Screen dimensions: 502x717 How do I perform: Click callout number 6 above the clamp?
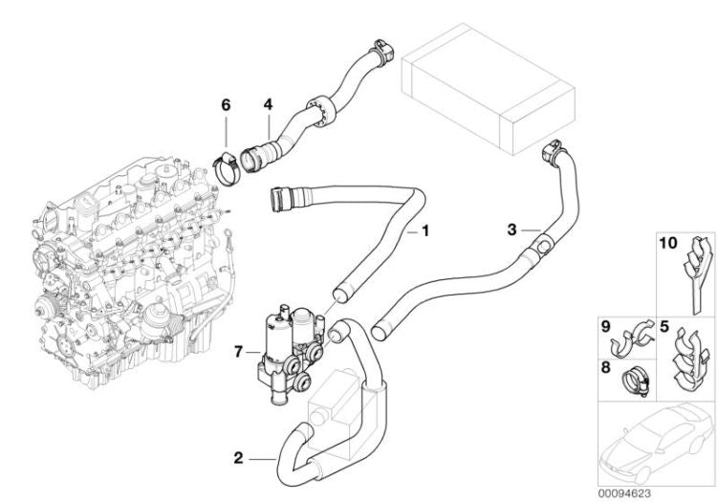coord(226,104)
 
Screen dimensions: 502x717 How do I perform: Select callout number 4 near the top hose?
coord(269,104)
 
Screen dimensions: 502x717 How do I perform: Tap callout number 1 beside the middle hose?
coord(425,230)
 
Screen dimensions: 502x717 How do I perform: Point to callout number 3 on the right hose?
coord(511,229)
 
